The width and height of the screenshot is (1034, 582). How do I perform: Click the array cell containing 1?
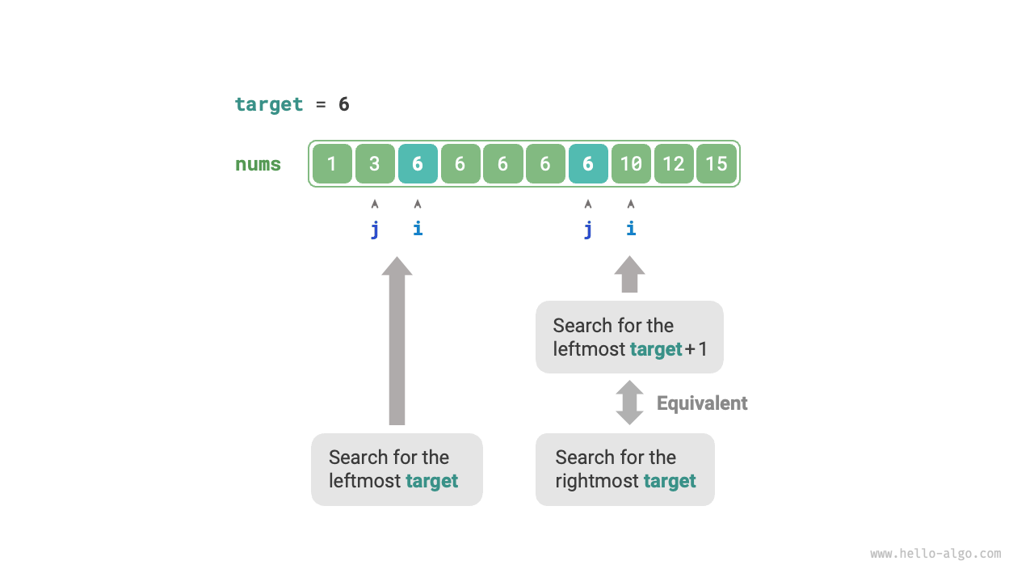tap(332, 164)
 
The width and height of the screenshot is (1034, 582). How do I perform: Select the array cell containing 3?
tap(375, 164)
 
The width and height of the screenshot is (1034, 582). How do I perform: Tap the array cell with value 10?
tap(631, 164)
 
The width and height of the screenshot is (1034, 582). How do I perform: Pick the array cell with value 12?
tap(674, 164)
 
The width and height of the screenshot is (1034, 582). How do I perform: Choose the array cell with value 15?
tap(717, 164)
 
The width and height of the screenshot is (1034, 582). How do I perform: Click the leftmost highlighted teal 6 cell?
tap(418, 164)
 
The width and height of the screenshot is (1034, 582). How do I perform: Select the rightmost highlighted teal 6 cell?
tap(588, 164)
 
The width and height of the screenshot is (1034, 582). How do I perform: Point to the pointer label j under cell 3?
tap(375, 230)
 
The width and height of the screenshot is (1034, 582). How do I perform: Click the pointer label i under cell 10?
tap(631, 229)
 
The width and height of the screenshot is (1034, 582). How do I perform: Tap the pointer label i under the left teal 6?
tap(418, 229)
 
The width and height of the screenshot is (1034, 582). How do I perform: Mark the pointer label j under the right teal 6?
tap(588, 230)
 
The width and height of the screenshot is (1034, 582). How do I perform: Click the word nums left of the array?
tap(258, 164)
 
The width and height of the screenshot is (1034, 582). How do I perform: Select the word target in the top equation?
tap(269, 104)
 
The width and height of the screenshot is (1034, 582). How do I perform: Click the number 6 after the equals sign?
tap(344, 104)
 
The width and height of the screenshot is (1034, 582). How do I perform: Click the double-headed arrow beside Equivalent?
tap(629, 403)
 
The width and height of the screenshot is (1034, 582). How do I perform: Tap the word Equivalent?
tap(702, 403)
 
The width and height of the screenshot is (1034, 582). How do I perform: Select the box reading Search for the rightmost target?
tap(624, 470)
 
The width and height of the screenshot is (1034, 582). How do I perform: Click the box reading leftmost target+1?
tap(629, 337)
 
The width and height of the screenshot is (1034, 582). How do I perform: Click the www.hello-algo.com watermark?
tap(935, 554)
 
